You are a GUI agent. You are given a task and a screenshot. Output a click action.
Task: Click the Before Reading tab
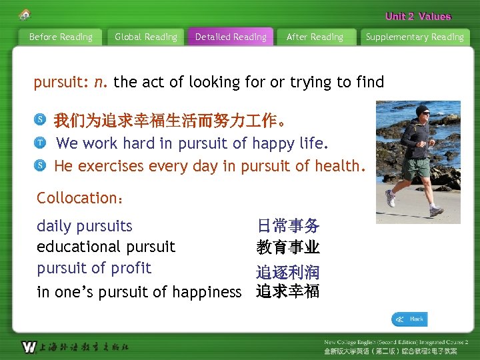point(61,37)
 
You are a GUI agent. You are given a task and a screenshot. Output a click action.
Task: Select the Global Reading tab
point(146,37)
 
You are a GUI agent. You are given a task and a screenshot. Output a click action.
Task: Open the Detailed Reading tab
point(231,37)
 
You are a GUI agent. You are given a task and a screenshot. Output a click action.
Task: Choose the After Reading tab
point(315,37)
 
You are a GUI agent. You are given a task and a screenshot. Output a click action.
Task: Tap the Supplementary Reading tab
point(415,37)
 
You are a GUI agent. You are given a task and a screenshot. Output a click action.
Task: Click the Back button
point(409,319)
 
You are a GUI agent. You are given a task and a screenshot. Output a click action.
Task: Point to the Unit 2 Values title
point(418,16)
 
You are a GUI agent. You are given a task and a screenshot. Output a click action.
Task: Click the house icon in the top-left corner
point(25,15)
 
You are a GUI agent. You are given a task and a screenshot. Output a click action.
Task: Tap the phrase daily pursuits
point(85,226)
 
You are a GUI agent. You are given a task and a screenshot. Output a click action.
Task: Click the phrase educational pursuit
point(106,247)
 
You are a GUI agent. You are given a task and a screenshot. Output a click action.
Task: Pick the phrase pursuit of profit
point(94,268)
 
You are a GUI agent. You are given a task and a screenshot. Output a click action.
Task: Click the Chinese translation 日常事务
point(288,227)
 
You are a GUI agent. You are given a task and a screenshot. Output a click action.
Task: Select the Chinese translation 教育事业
point(288,248)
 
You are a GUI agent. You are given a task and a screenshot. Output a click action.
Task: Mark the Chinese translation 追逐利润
point(288,272)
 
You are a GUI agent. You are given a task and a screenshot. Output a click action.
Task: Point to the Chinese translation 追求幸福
point(288,291)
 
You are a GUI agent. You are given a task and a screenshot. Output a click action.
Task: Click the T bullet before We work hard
point(41,143)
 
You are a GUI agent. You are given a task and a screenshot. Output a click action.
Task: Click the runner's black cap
point(422,111)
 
